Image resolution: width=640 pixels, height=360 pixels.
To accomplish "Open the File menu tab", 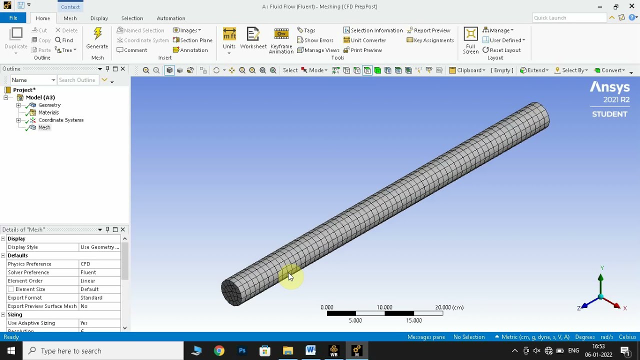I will [13, 18].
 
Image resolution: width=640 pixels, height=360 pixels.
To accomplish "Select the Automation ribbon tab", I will [171, 18].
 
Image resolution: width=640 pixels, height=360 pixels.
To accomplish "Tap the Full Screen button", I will [470, 39].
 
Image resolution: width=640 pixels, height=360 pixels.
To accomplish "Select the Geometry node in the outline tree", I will [49, 105].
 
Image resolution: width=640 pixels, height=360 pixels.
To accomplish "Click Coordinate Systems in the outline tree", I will [60, 120].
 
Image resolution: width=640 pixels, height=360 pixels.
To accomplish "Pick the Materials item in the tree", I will [48, 112].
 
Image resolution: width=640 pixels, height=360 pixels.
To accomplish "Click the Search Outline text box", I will [77, 80].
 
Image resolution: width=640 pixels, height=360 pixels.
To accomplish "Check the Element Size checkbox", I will [11, 289].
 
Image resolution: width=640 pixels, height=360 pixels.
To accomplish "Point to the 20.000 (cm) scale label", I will [449, 307].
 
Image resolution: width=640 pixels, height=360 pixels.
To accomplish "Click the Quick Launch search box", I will [569, 18].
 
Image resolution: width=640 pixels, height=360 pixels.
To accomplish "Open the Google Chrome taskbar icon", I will [219, 351].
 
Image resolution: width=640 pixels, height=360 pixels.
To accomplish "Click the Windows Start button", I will [11, 351].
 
